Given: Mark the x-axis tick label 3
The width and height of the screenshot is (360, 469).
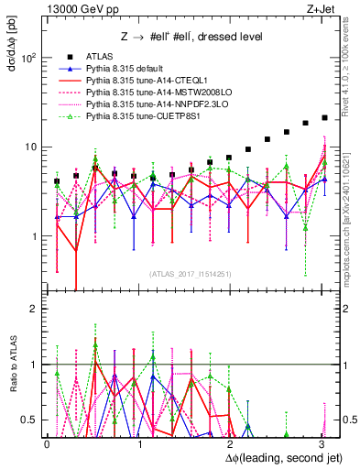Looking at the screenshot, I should pos(320,443).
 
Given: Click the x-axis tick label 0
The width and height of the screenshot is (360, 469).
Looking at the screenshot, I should pos(48,443).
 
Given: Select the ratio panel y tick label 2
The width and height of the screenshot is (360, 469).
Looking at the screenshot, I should pos(35,309).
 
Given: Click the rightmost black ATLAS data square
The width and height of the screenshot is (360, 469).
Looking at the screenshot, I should pos(324,118).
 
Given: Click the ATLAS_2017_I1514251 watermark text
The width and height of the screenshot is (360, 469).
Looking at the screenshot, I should pos(184,273).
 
